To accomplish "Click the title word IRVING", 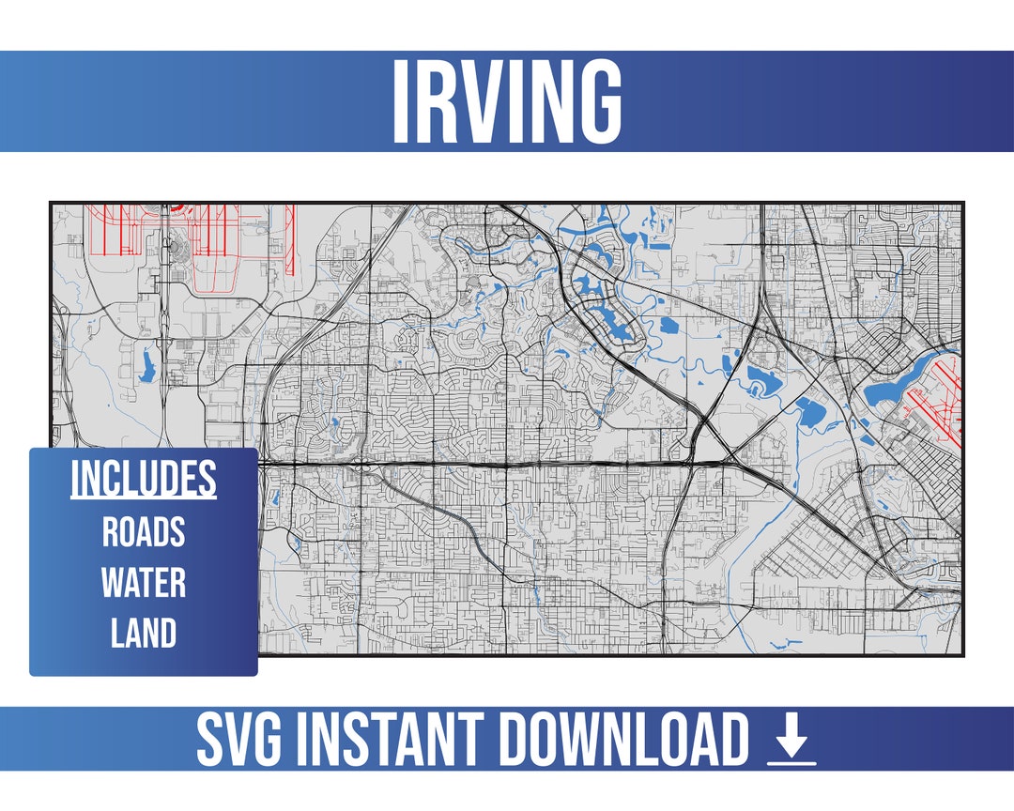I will click(x=506, y=102).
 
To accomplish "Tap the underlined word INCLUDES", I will click(x=144, y=479).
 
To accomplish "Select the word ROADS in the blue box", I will click(x=144, y=532).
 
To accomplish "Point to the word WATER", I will click(x=144, y=583).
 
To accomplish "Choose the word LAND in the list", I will click(x=144, y=634).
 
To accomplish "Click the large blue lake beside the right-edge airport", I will click(x=887, y=391).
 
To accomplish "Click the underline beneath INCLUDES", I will click(x=144, y=497).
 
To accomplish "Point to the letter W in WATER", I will click(x=114, y=583).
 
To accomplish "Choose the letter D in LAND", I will click(x=167, y=634).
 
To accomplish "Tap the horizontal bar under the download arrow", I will click(x=791, y=761).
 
